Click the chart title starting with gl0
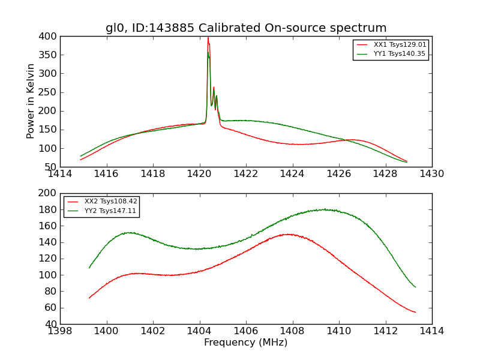pyautogui.click(x=246, y=28)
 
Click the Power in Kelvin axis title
pyautogui.click(x=31, y=101)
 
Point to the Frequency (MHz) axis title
pyautogui.click(x=246, y=343)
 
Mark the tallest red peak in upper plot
pyautogui.click(x=208, y=38)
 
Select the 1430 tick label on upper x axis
pyautogui.click(x=432, y=174)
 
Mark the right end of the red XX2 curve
pyautogui.click(x=415, y=312)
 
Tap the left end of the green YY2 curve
pyautogui.click(x=89, y=268)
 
